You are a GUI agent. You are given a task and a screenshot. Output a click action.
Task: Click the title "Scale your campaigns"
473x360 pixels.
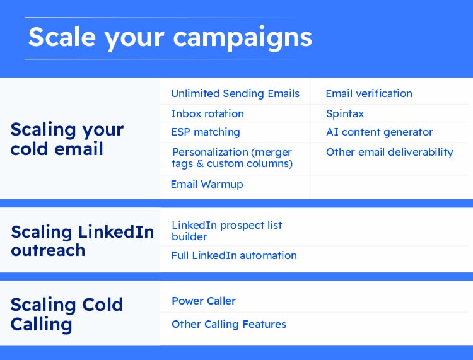pos(170,38)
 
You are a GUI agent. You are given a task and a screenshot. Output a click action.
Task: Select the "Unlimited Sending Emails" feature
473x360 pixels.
pos(235,93)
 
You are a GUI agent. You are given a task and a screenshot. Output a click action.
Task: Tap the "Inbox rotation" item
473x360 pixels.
pos(207,113)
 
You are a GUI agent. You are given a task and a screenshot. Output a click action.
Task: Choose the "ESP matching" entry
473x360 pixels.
pos(206,132)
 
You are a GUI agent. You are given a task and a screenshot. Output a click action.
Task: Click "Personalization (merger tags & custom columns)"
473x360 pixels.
pos(232,158)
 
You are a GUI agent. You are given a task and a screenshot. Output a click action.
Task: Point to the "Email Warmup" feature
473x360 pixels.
pos(207,184)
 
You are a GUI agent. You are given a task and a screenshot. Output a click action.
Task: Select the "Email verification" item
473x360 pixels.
pos(369,93)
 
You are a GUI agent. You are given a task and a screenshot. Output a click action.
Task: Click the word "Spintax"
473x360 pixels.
pos(345,114)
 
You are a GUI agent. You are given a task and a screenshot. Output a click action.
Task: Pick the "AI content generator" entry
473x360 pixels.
pos(380,132)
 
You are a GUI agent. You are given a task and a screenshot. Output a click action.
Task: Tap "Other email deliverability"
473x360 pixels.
pos(390,153)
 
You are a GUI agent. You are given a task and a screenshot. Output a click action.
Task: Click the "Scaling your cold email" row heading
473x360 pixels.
pos(67,139)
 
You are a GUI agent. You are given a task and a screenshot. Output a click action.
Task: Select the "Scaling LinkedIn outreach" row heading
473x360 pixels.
pos(83,241)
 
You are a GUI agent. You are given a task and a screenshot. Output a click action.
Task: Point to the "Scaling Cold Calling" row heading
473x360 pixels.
pos(67,314)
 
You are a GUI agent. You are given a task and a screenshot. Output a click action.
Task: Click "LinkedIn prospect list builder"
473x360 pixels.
pos(227,231)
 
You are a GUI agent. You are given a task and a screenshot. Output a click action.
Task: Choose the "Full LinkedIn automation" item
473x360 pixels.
pos(234,256)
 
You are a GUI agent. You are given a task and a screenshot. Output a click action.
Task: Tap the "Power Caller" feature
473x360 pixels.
pos(204,301)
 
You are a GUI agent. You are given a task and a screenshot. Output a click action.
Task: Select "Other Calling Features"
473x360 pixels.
pos(229,325)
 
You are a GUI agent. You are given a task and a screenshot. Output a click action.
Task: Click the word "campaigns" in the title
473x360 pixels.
pos(243,39)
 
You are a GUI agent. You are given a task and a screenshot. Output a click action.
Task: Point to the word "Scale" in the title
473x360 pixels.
pos(62,36)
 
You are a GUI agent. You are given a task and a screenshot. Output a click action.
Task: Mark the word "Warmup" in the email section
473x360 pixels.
pos(222,185)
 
